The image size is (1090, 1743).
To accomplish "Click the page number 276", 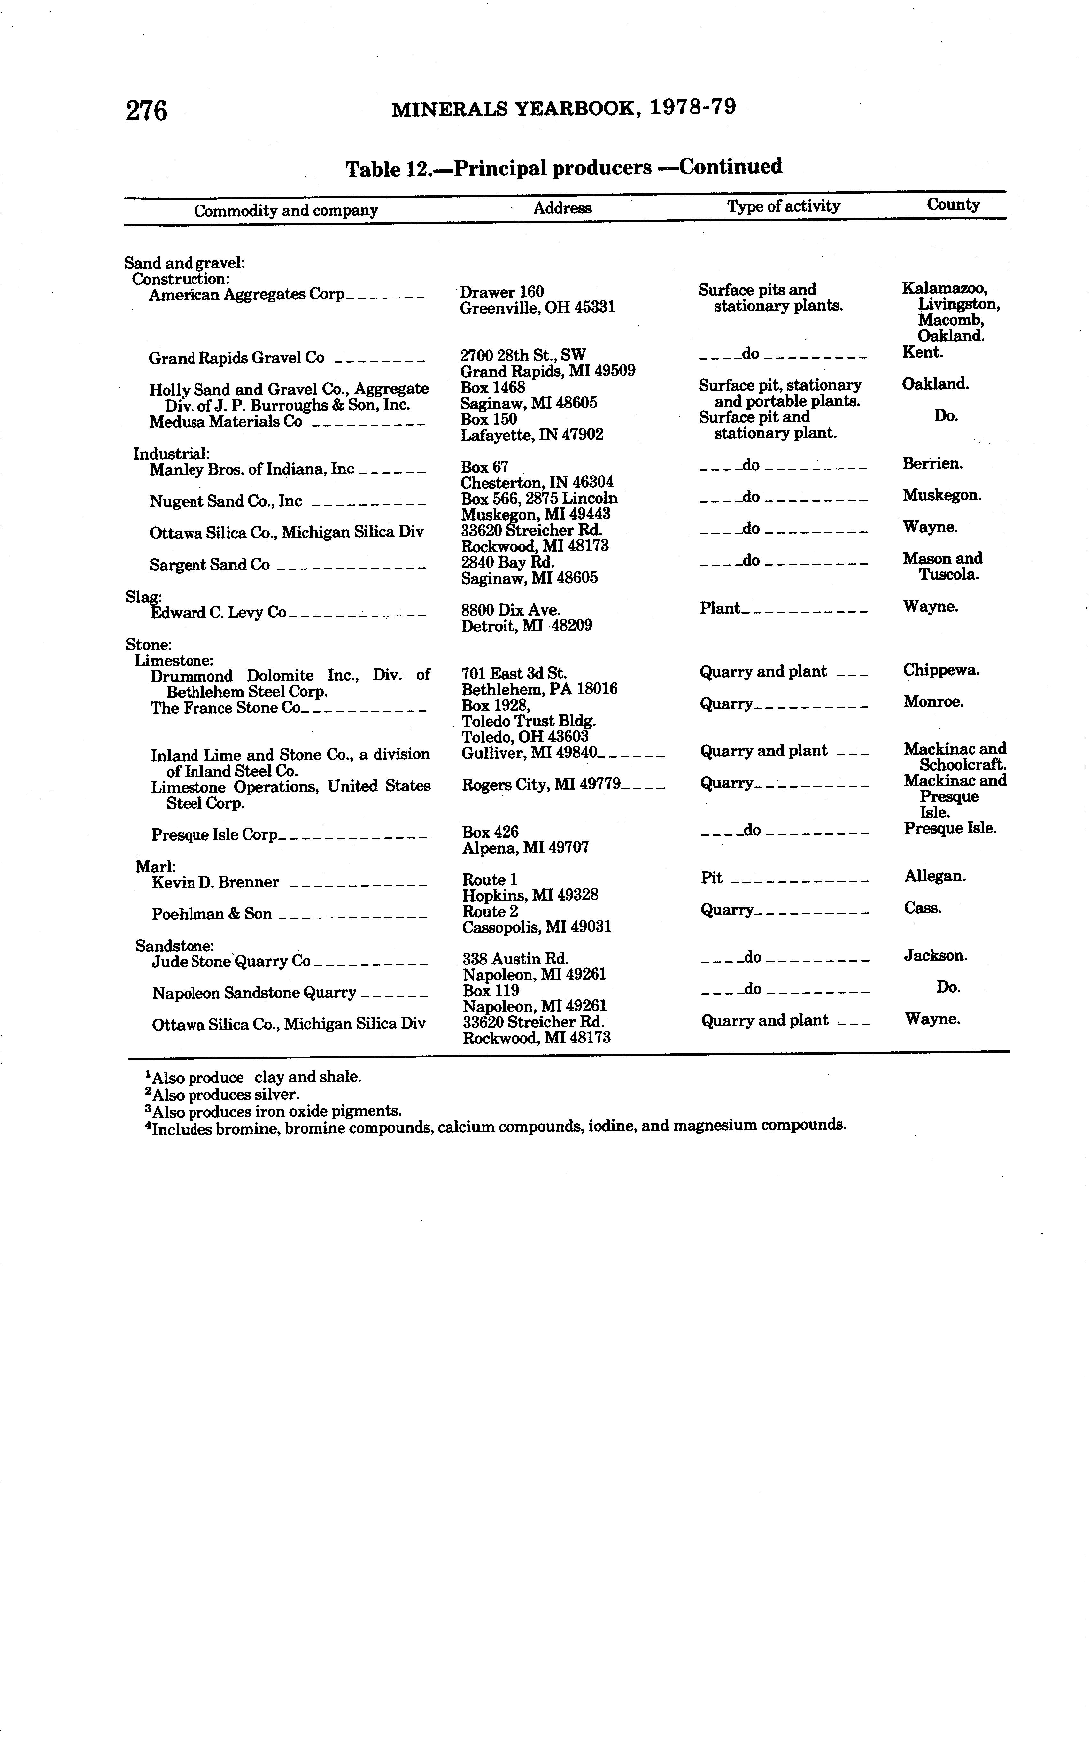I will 146,111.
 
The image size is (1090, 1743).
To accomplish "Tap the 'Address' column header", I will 562,208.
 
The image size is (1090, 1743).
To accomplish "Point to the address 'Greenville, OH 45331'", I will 537,308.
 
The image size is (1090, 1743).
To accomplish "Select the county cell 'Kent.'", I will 922,352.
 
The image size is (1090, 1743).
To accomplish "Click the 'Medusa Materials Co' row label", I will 226,422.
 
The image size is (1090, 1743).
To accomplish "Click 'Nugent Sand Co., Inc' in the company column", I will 226,501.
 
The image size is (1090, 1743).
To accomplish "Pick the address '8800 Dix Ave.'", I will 510,610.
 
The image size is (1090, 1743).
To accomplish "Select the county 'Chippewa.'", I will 941,670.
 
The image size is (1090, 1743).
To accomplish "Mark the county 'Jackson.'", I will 936,956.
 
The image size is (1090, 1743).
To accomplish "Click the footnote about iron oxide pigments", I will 274,1111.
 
